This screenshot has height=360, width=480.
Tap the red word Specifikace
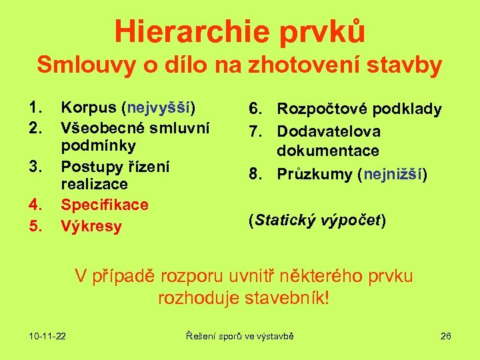[105, 205]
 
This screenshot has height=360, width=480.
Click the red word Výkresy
[91, 226]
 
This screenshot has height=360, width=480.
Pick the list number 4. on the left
[36, 205]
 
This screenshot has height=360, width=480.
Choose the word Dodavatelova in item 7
[329, 131]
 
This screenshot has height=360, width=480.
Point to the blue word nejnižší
[393, 175]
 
